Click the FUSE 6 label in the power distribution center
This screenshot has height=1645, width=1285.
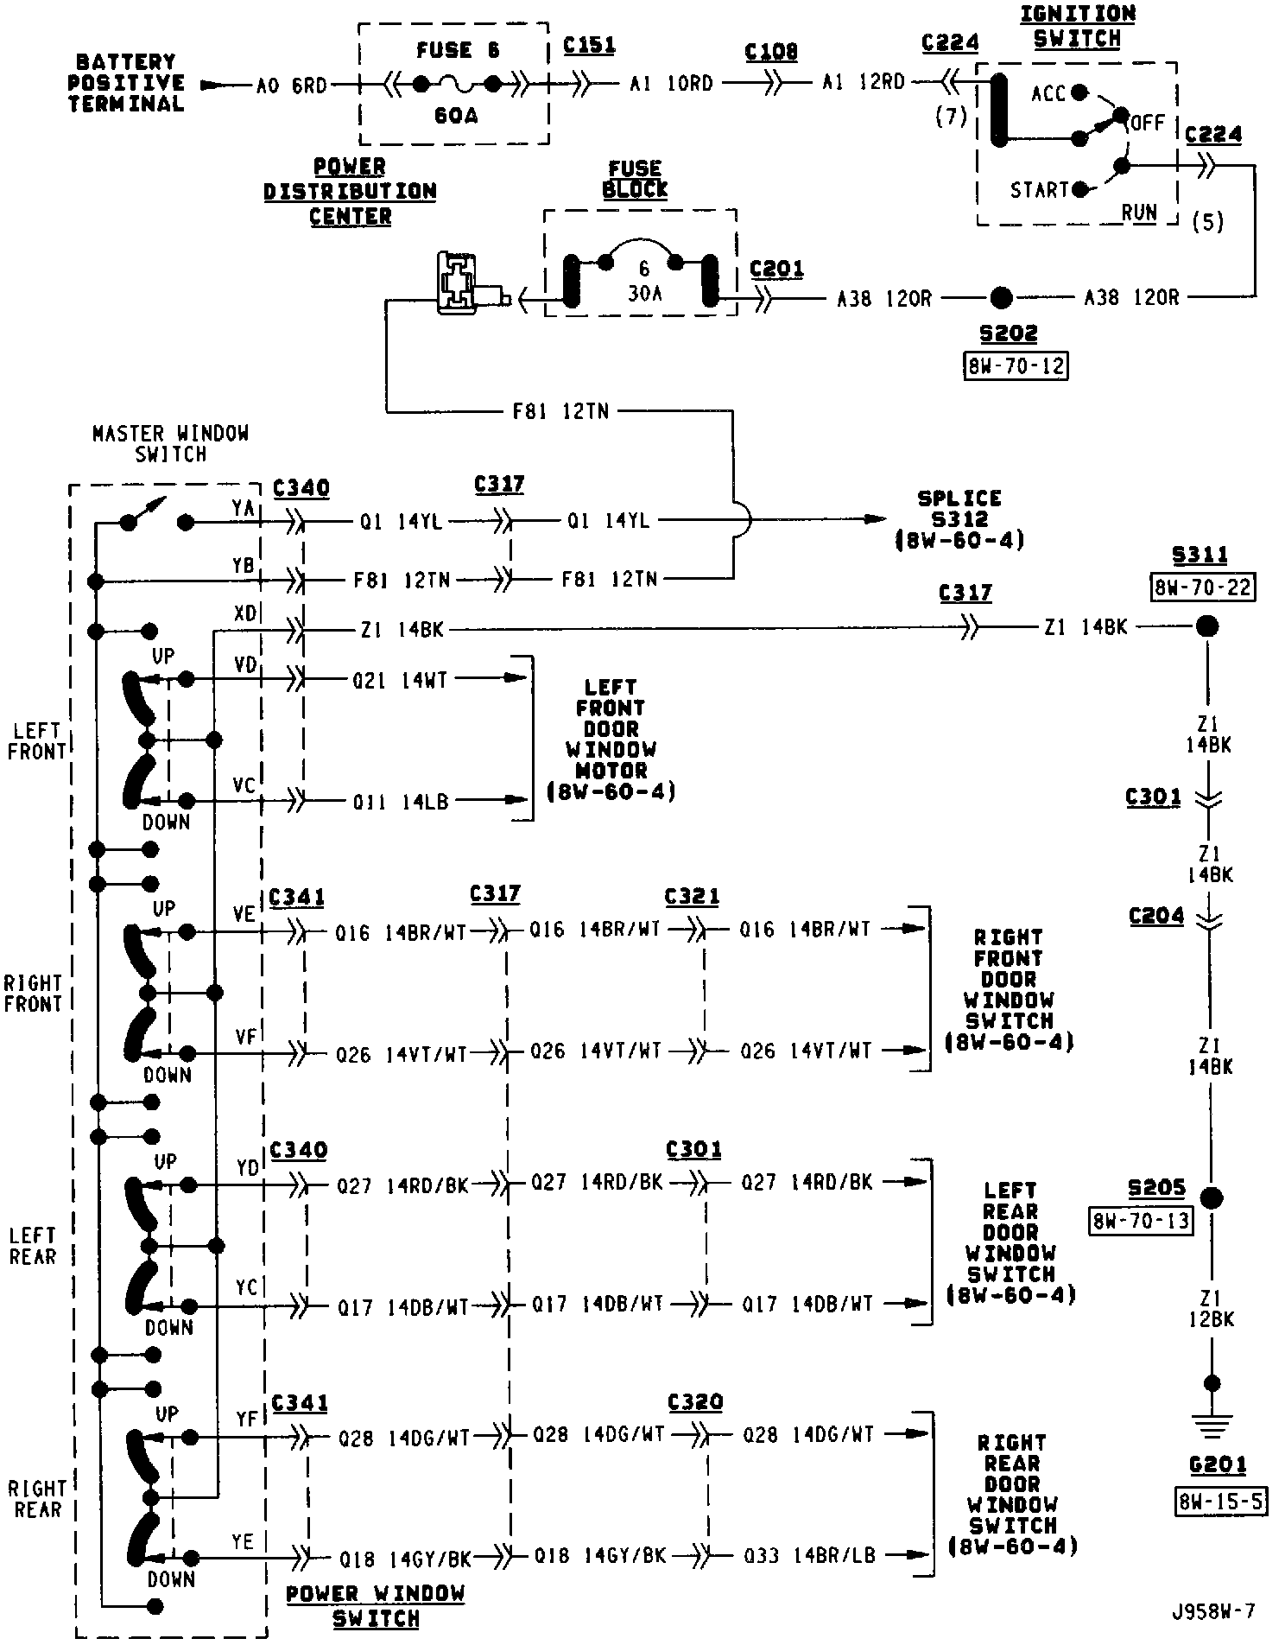pos(457,50)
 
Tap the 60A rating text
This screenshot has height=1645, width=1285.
pos(455,115)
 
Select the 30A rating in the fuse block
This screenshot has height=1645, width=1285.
pos(644,294)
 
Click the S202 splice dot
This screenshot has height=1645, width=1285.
pos(1000,298)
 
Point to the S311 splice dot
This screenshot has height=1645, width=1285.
pos(1206,626)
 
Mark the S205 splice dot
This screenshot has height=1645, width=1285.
pos(1212,1198)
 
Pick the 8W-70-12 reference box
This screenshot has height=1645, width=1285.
pos(1015,366)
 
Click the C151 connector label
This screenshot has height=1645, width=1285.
pos(589,45)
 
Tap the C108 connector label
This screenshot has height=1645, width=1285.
pos(771,52)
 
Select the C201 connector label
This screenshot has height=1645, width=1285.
pos(776,270)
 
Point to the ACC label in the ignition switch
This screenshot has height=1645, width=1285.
pos(1048,93)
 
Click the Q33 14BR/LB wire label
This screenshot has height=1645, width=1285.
pos(809,1556)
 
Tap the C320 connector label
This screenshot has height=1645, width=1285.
pos(695,1401)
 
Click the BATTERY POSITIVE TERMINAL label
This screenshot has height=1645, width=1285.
pos(126,83)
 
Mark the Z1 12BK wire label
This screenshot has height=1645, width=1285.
pos(1210,1309)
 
